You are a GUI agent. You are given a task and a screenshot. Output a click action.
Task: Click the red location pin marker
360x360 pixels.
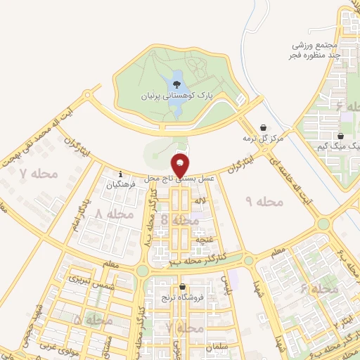tap(180, 166)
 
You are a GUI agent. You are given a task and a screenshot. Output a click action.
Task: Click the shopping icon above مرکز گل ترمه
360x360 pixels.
tap(263, 128)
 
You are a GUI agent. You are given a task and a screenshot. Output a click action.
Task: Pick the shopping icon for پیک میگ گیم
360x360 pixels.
tap(340, 136)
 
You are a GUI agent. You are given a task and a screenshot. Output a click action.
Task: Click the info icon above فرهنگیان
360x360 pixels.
tap(121, 174)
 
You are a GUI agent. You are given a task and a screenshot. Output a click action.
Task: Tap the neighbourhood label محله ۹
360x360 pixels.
tap(263, 201)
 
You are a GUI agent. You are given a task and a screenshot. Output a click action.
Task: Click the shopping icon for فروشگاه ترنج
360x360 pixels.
tap(183, 287)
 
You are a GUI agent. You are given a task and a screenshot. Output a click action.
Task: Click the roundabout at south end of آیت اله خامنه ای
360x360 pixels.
tap(323, 224)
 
